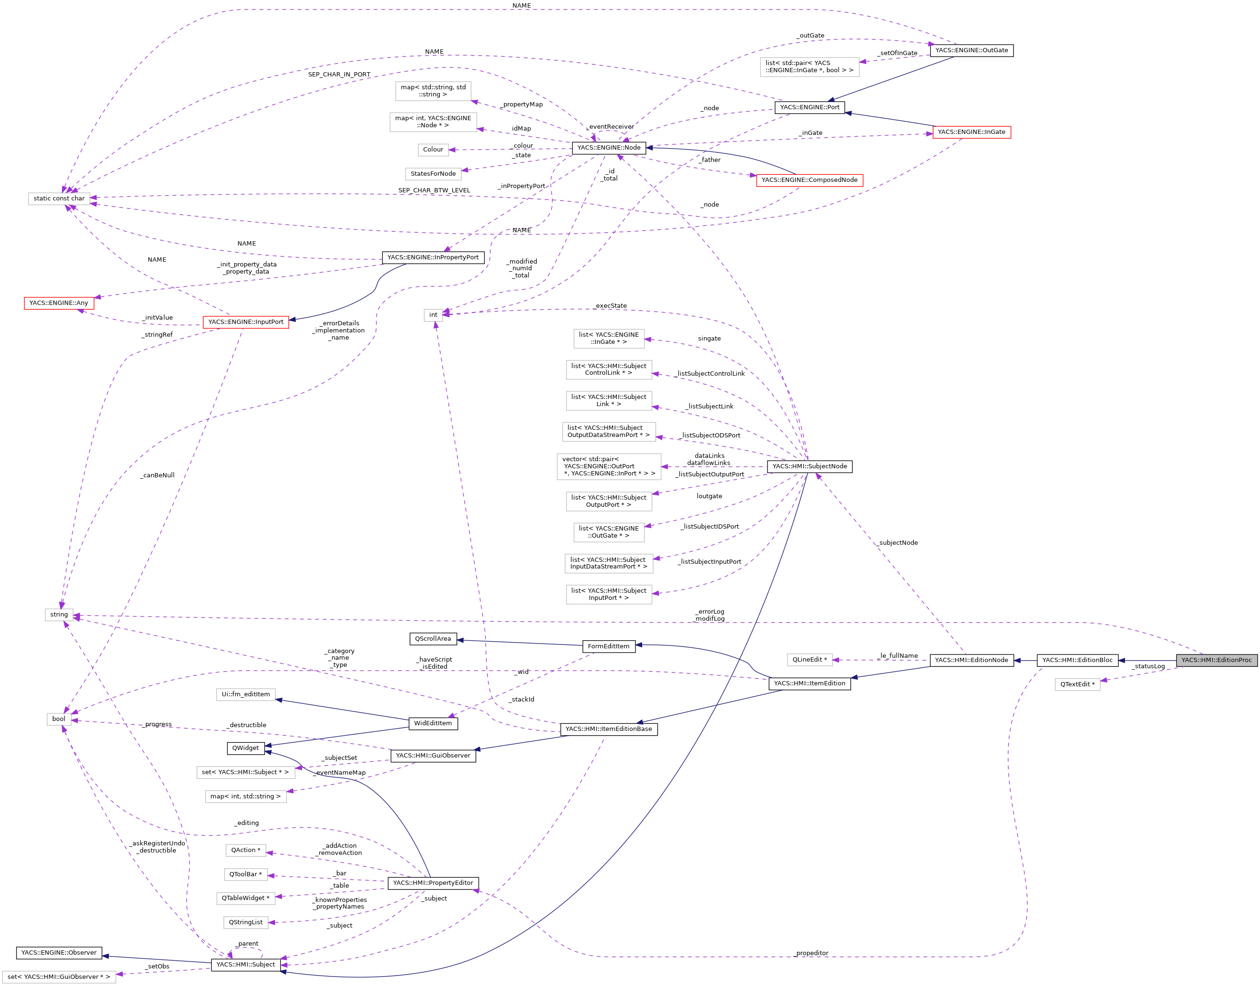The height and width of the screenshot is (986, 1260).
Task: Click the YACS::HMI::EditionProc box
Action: point(1216,660)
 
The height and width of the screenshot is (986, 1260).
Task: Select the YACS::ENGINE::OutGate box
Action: point(971,50)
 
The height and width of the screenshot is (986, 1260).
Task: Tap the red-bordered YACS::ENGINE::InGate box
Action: point(971,132)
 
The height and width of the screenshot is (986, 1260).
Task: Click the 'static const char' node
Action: point(59,199)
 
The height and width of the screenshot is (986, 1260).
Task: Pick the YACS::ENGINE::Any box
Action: point(58,303)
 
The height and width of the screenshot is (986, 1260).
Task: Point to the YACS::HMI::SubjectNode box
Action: point(809,466)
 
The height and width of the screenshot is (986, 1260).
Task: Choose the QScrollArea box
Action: point(433,638)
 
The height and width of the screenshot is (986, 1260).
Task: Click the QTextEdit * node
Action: point(1077,684)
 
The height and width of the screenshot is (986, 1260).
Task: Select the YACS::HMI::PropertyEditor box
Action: point(433,882)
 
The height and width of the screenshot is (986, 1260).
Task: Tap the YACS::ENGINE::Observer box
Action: point(59,953)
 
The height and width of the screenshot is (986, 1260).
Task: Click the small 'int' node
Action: point(433,314)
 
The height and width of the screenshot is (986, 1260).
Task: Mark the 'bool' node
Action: point(58,719)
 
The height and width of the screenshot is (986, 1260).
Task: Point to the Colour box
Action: point(433,150)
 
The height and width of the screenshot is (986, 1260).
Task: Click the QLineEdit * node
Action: point(809,659)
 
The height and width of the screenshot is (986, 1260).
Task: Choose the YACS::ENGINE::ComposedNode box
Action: point(809,180)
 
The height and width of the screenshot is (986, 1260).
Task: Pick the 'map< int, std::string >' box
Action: point(246,796)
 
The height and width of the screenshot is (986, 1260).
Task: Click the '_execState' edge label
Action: point(610,306)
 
